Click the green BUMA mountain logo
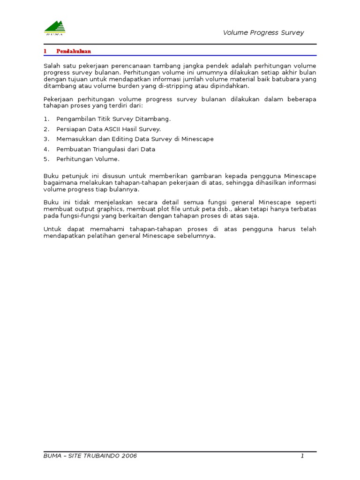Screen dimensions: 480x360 point(55,28)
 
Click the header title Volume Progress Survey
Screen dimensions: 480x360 point(263,33)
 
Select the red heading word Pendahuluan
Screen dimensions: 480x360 point(74,51)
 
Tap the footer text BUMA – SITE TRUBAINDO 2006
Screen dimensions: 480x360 point(90,456)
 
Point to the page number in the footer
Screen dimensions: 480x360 point(303,456)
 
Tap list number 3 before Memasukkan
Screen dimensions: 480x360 point(46,139)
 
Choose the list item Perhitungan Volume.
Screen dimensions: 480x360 point(88,159)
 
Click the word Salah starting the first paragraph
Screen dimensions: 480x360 point(52,66)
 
